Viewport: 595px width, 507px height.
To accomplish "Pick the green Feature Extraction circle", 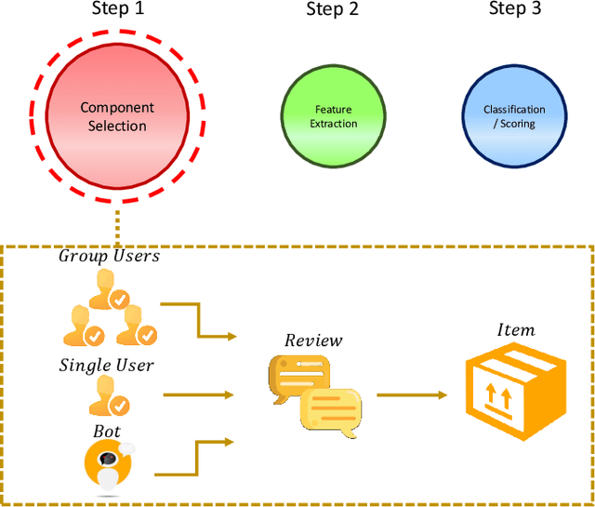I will pyautogui.click(x=333, y=116).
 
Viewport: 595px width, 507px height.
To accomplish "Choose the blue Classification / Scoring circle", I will pyautogui.click(x=514, y=116).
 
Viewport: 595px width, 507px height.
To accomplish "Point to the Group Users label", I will pyautogui.click(x=109, y=256).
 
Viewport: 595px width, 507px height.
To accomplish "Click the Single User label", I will pyautogui.click(x=106, y=366).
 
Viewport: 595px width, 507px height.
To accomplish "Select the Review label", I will pyautogui.click(x=313, y=340).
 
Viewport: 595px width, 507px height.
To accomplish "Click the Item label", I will pyautogui.click(x=515, y=330).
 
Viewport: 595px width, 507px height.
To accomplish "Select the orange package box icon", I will pyautogui.click(x=515, y=389).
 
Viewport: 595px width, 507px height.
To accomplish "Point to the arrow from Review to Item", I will pyautogui.click(x=411, y=394).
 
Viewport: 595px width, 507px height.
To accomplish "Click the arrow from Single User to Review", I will pyautogui.click(x=200, y=394).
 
